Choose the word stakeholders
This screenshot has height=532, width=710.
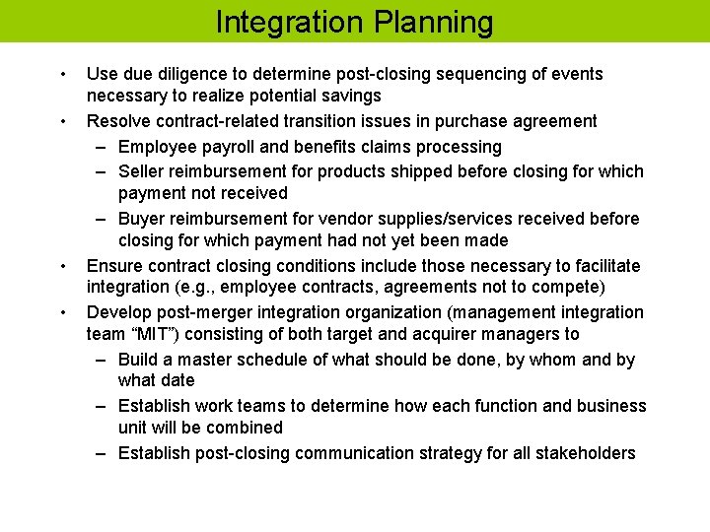587,453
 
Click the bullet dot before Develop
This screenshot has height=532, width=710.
64,313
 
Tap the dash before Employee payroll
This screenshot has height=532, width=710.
102,147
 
